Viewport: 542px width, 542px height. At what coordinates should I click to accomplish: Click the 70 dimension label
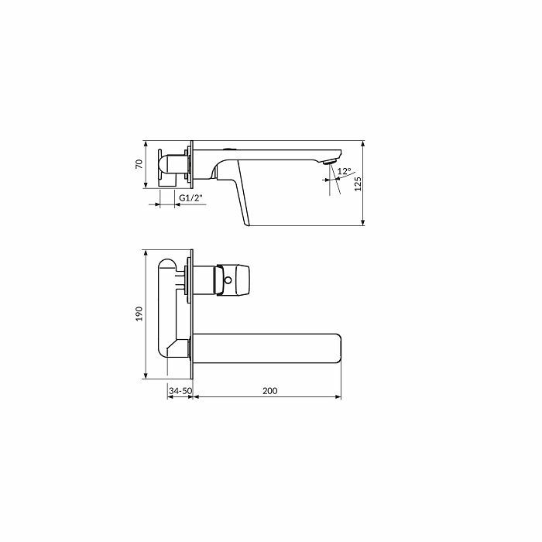pos(139,164)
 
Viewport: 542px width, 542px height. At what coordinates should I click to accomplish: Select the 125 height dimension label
pos(358,184)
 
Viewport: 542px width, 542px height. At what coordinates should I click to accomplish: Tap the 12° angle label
pos(345,171)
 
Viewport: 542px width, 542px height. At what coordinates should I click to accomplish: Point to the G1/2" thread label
pos(190,198)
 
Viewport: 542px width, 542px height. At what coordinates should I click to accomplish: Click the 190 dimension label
pos(139,314)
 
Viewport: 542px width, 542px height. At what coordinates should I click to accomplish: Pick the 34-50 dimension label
pos(180,391)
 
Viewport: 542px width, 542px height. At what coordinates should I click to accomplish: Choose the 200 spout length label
pos(270,391)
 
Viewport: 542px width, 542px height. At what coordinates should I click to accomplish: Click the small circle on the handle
pos(228,280)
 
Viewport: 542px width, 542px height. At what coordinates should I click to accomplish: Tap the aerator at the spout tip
pos(329,162)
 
